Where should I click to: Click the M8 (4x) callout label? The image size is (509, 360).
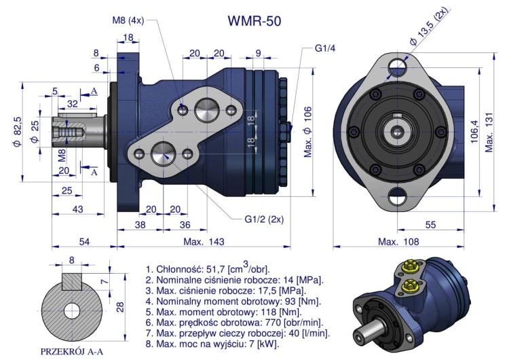129,20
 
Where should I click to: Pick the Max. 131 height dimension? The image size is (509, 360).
493,128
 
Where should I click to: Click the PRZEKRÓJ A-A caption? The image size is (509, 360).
71,351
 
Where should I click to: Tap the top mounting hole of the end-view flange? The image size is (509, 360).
396,66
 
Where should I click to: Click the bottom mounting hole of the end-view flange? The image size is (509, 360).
396,198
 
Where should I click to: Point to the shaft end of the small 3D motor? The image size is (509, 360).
363,338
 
